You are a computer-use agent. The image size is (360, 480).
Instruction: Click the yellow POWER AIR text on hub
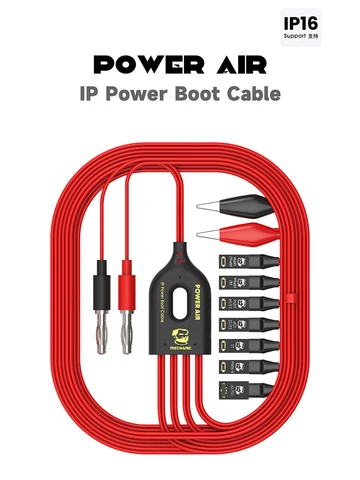[196, 283]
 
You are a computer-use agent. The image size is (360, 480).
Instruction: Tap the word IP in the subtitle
[88, 98]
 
